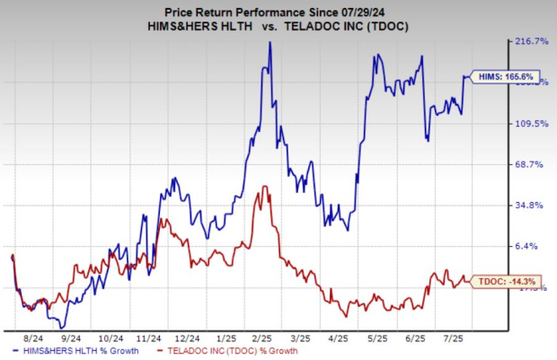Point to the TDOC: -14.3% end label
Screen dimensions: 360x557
click(498, 281)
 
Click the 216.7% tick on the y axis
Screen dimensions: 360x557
click(528, 42)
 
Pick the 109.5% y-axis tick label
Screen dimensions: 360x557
click(528, 124)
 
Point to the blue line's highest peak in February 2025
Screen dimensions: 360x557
click(270, 43)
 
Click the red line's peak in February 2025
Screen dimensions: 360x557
click(263, 187)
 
